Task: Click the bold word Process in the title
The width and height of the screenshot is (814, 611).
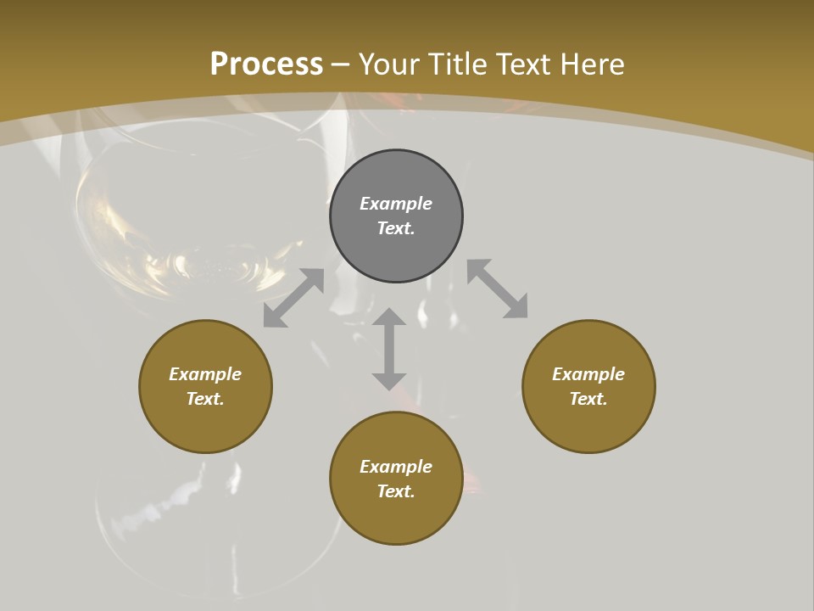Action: [266, 64]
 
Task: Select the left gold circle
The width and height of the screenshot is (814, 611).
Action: [205, 424]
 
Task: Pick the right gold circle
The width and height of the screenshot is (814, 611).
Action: [588, 424]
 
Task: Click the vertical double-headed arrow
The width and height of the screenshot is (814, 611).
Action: [389, 349]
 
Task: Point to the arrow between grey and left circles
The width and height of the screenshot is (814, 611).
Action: [293, 298]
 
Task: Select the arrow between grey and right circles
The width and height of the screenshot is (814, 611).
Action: [498, 289]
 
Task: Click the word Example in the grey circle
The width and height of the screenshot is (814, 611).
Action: [396, 204]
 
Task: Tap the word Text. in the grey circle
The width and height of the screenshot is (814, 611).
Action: [396, 228]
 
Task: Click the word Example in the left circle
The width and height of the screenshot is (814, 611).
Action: [205, 374]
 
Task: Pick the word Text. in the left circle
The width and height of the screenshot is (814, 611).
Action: [205, 399]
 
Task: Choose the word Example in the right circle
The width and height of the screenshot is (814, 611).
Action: [588, 374]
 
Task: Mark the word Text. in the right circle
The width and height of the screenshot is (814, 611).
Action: [588, 399]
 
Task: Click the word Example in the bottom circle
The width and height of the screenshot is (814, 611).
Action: [396, 467]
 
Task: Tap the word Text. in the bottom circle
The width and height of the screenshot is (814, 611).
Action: [396, 491]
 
